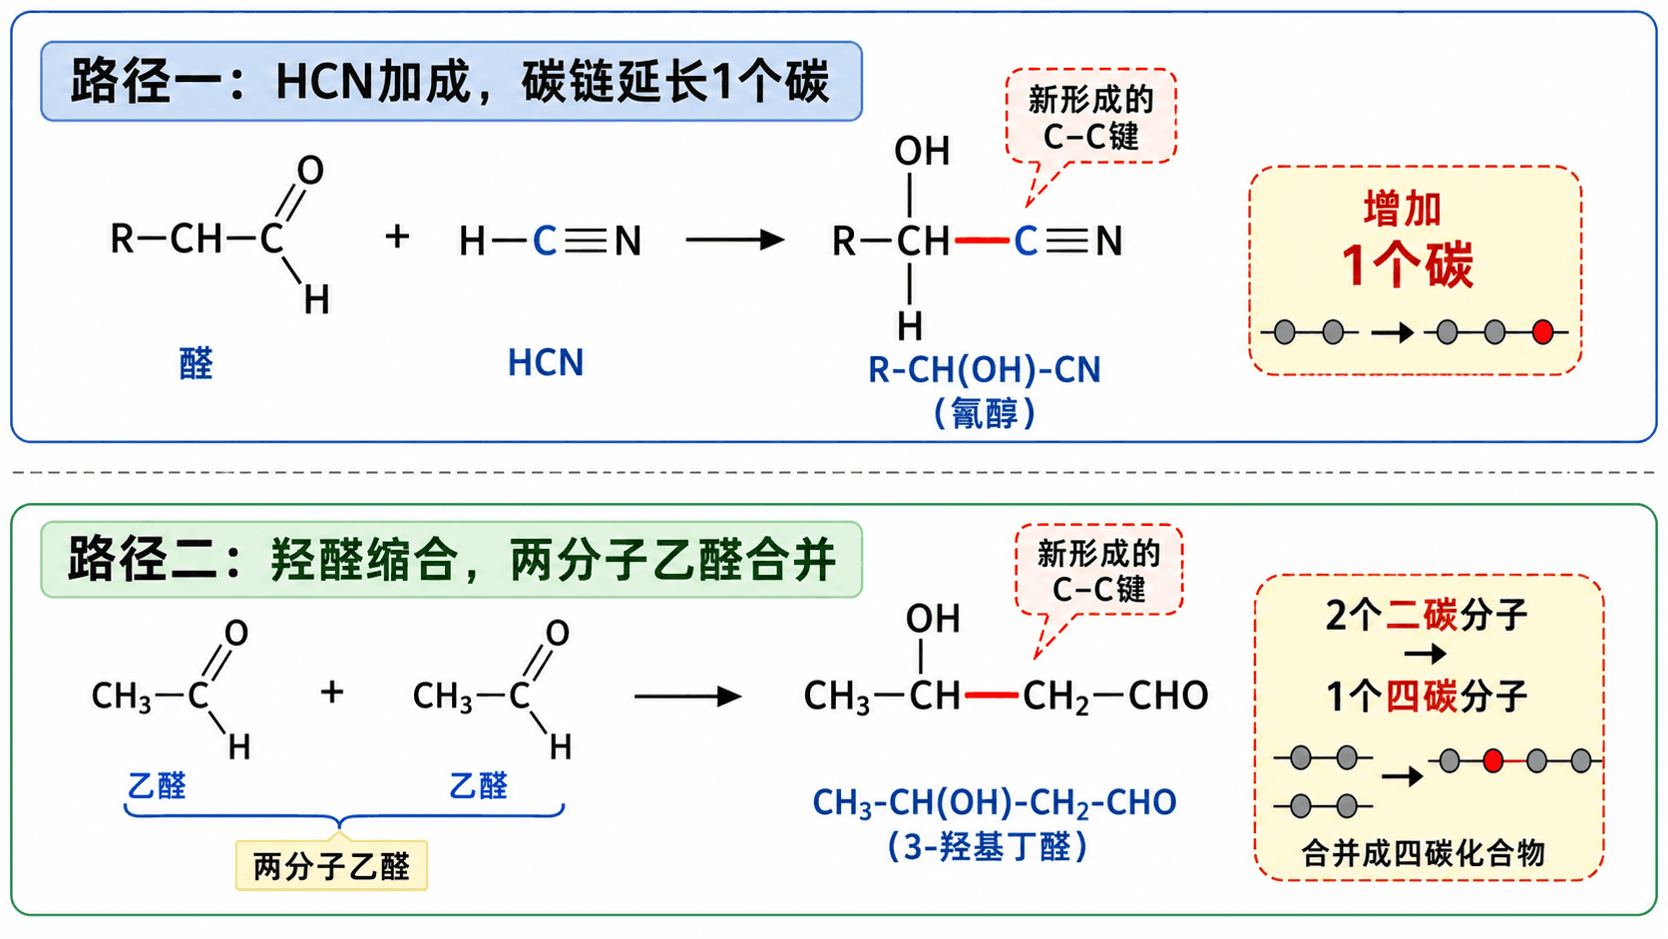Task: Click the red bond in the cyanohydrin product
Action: point(982,240)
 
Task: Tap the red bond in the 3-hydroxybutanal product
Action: point(991,696)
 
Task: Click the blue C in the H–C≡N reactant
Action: point(545,241)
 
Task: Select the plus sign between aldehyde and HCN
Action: point(398,236)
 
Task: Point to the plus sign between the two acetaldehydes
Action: point(332,692)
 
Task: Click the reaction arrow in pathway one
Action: point(735,239)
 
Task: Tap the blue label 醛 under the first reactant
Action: point(196,363)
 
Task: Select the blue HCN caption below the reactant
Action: point(546,362)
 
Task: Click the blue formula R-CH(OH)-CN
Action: point(985,370)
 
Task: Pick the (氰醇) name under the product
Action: point(985,412)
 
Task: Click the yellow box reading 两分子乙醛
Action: point(331,865)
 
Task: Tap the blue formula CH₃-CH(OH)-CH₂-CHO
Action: point(994,802)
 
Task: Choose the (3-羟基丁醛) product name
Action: point(989,846)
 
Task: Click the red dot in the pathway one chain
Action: point(1543,331)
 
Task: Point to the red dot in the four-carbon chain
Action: point(1493,761)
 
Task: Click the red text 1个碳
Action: point(1408,265)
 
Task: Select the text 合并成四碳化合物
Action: point(1423,853)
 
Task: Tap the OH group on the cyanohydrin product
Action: point(922,151)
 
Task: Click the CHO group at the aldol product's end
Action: point(1168,697)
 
